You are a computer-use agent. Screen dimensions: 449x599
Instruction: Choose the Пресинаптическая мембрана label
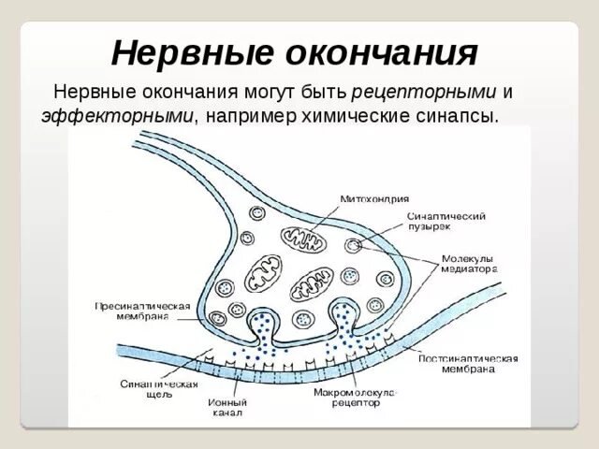pyautogui.click(x=143, y=311)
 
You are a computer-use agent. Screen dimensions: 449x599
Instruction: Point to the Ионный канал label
pyautogui.click(x=227, y=409)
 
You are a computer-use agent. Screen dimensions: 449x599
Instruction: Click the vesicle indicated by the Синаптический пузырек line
pyautogui.click(x=353, y=245)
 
